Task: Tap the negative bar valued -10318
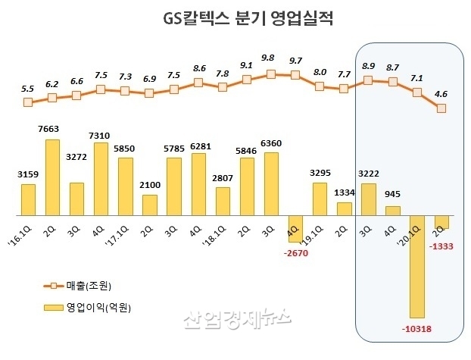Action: click(x=416, y=265)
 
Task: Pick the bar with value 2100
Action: click(x=149, y=205)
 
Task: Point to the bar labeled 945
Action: click(x=392, y=210)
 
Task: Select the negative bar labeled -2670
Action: click(x=295, y=228)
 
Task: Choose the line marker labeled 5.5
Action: click(x=28, y=102)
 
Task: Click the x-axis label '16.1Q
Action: click(x=24, y=228)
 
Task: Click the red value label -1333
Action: click(x=441, y=246)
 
